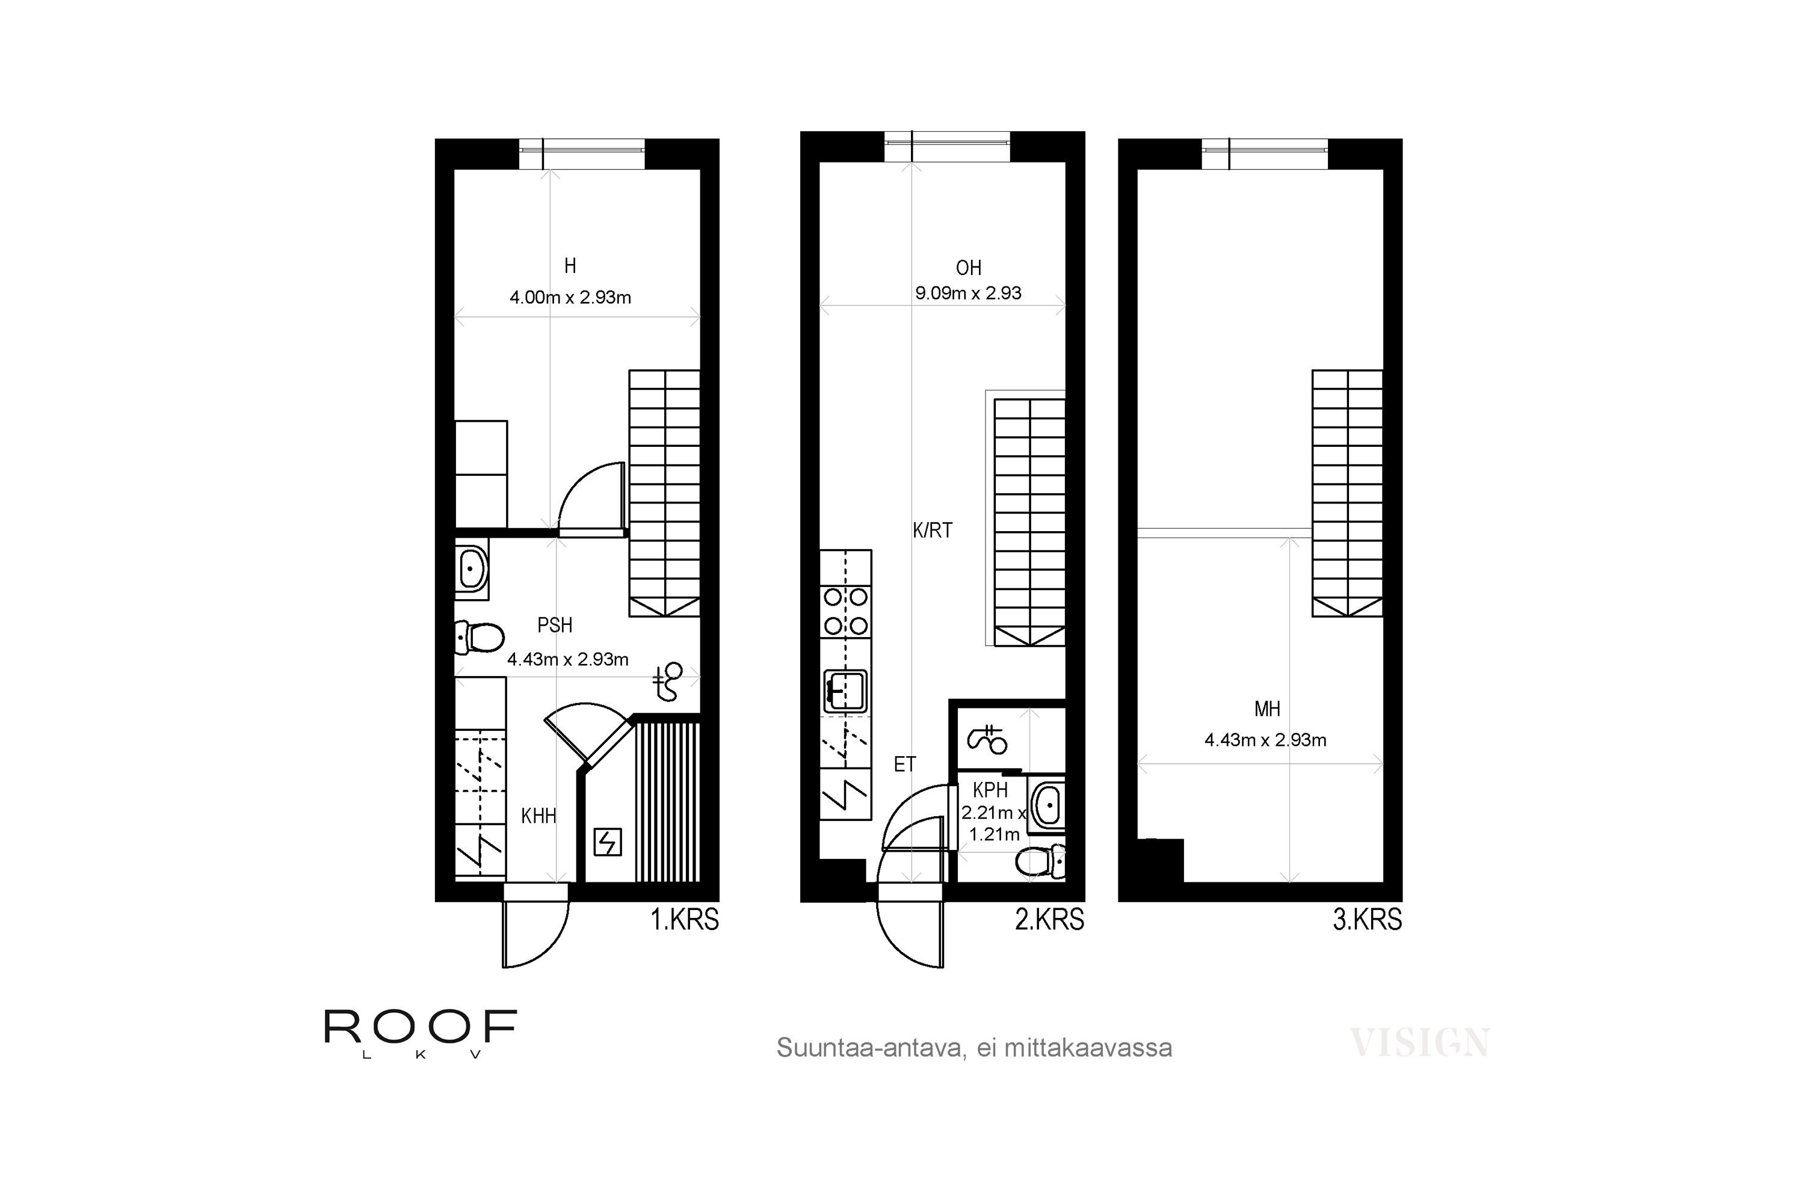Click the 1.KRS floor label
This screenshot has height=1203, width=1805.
[x=685, y=919]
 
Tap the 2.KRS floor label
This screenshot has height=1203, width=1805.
[x=1049, y=919]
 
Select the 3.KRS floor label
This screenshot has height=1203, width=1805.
[x=1368, y=919]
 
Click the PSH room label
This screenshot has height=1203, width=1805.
[x=555, y=626]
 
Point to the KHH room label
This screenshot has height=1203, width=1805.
[x=538, y=816]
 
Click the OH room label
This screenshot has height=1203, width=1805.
[x=969, y=268]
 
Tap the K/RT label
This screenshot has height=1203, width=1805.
[x=933, y=530]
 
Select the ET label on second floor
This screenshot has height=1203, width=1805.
[x=905, y=764]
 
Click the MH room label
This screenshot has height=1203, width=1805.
[x=1267, y=709]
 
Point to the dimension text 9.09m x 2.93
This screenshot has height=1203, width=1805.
[x=969, y=293]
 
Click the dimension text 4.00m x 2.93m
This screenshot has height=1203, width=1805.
[x=570, y=298]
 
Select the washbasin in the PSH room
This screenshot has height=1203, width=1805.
[x=472, y=568]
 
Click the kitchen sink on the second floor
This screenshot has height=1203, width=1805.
[x=845, y=691]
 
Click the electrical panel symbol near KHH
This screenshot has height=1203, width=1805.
[x=608, y=843]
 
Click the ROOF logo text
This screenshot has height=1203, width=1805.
[x=421, y=1027]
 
